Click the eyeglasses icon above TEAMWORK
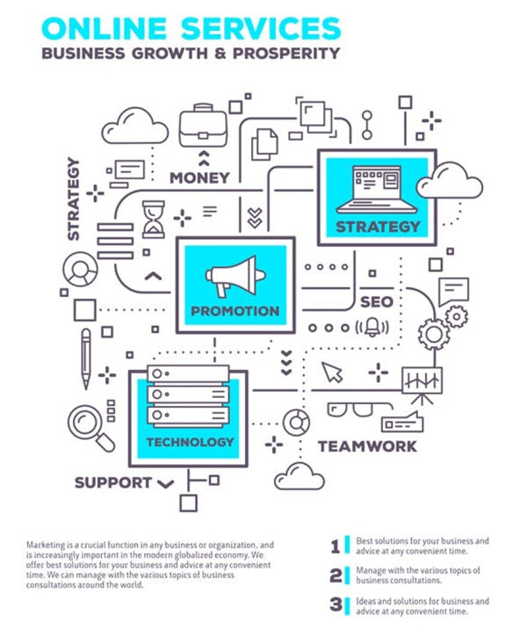356,409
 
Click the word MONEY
199,177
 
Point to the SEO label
376,302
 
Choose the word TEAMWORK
367,445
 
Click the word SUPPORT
113,482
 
